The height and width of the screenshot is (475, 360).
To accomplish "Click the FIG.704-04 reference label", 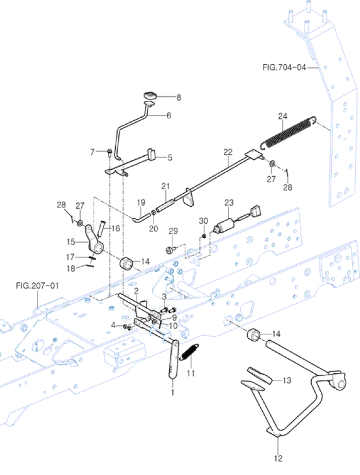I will point(283,67).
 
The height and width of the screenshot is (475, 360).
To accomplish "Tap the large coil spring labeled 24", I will point(287,133).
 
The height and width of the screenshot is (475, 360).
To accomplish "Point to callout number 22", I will point(228,152).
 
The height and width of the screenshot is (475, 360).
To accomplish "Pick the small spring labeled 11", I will point(190,353).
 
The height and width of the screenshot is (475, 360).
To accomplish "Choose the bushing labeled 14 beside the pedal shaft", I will point(254,335).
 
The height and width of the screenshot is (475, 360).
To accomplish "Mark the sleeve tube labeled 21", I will point(164,204).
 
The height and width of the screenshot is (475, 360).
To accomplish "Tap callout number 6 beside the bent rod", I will point(168,116).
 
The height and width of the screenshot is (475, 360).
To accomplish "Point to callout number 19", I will point(141,202).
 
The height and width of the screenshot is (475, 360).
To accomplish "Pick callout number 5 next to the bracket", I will point(169,158).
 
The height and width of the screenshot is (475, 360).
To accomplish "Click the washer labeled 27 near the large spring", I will point(273,165).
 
